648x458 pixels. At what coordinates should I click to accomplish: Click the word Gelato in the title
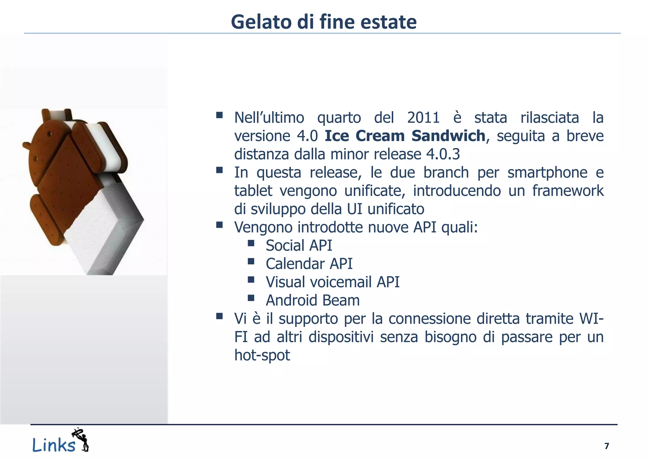(261, 22)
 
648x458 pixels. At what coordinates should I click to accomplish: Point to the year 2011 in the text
(423, 118)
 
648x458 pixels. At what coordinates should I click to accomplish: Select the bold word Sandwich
(448, 136)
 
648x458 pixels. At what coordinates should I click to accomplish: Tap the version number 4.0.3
(443, 154)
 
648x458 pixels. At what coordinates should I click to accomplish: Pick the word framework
(568, 191)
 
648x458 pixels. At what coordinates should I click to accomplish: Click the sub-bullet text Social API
(299, 246)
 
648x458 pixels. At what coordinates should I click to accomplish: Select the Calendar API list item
(309, 264)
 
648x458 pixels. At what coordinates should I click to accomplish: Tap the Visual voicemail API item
(333, 282)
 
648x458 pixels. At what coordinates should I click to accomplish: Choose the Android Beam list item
(313, 300)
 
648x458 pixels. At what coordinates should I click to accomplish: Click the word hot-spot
(262, 355)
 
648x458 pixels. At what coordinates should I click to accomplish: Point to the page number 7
(607, 446)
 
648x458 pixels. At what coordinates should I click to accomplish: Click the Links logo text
(54, 445)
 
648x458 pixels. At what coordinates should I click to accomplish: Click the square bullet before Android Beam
(251, 298)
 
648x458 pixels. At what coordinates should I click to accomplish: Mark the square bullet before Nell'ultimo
(219, 115)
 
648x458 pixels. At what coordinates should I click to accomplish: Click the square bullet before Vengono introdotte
(219, 225)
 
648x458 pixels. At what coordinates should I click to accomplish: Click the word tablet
(253, 191)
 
